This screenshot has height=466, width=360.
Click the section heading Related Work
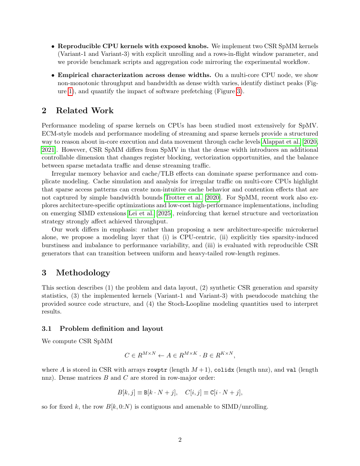point(85,111)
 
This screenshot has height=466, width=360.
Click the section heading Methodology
point(83,273)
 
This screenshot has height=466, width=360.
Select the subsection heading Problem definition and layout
point(111,329)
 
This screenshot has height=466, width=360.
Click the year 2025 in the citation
point(164,213)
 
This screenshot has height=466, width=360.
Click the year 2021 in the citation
point(49,149)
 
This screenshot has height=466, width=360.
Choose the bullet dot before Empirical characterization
point(53,75)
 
